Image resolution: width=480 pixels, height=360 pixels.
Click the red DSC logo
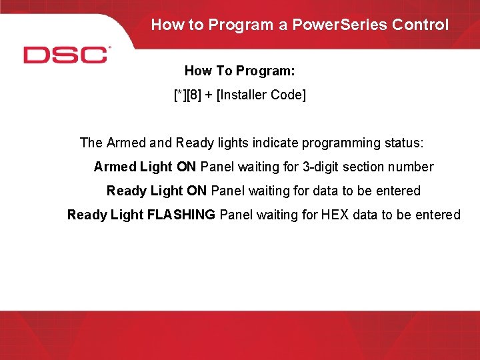[x=66, y=54]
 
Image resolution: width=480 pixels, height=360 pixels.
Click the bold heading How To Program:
[x=239, y=71]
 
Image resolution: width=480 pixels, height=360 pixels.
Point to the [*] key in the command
[x=179, y=95]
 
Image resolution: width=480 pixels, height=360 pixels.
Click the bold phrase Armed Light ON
[x=145, y=167]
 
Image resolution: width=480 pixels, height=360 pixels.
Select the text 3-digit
[x=318, y=167]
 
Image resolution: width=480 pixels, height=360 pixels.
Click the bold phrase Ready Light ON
[x=157, y=191]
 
